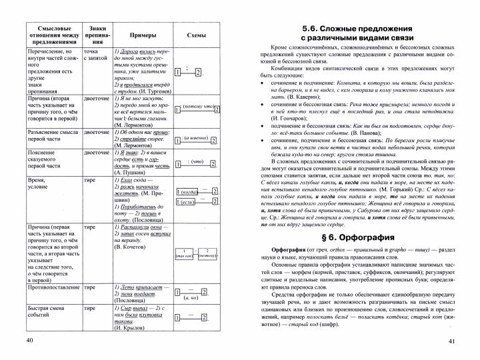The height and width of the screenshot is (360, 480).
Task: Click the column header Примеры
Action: tap(138, 36)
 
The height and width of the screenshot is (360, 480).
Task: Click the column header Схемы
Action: tap(195, 36)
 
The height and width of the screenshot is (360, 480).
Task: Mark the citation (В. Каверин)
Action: tap(294, 96)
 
